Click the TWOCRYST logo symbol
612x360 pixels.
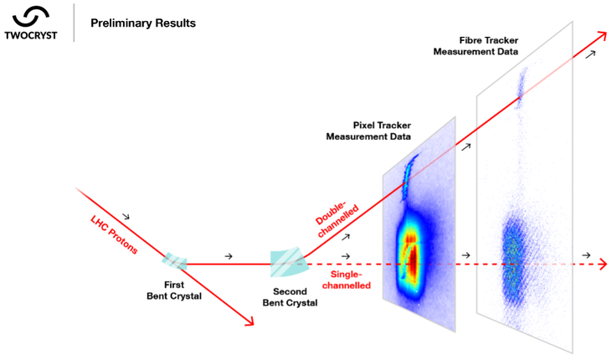[x=31, y=14]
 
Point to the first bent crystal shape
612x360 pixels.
[x=177, y=263]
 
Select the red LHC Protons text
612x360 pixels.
[x=111, y=234]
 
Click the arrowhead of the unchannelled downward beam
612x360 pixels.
[x=249, y=320]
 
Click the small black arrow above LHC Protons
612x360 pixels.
[x=126, y=215]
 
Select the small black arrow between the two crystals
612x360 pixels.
[x=229, y=253]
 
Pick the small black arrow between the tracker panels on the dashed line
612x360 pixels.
[x=466, y=255]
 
